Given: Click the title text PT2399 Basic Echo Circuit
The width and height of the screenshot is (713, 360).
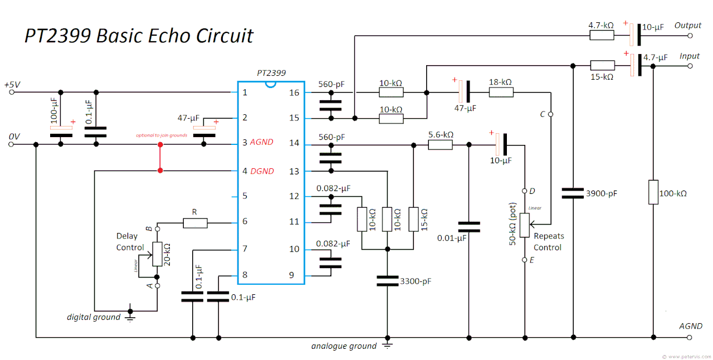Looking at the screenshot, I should tap(139, 36).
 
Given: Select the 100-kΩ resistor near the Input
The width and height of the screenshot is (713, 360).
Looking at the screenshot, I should tap(653, 192).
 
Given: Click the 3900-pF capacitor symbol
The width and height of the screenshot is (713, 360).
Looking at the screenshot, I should tap(573, 193).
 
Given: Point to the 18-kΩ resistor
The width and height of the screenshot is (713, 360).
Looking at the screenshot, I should tap(501, 93).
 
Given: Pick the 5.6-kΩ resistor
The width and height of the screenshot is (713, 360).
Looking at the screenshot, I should tap(440, 145).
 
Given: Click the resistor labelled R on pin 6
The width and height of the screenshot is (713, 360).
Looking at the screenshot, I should tap(195, 223).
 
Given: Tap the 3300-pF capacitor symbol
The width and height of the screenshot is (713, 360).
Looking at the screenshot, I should tap(387, 281).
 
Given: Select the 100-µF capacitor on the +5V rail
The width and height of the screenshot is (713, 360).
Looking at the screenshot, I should tap(61, 131).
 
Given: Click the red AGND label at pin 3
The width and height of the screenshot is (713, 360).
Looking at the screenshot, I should tap(262, 142).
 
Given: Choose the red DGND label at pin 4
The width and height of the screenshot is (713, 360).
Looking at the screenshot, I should tap(262, 171).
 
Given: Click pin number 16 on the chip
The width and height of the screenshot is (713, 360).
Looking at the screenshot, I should tap(294, 93).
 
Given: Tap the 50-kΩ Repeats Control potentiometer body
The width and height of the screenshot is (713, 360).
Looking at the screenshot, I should tap(525, 225).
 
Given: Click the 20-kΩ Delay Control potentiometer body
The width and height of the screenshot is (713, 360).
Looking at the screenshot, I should tap(157, 254).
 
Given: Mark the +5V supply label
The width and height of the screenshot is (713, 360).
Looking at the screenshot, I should tap(12, 85).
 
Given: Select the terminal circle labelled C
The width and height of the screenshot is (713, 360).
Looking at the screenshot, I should tap(551, 115).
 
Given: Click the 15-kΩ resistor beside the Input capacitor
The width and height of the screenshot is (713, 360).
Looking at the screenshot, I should tap(602, 65).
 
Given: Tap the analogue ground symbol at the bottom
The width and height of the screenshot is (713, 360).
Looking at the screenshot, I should tap(387, 346).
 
